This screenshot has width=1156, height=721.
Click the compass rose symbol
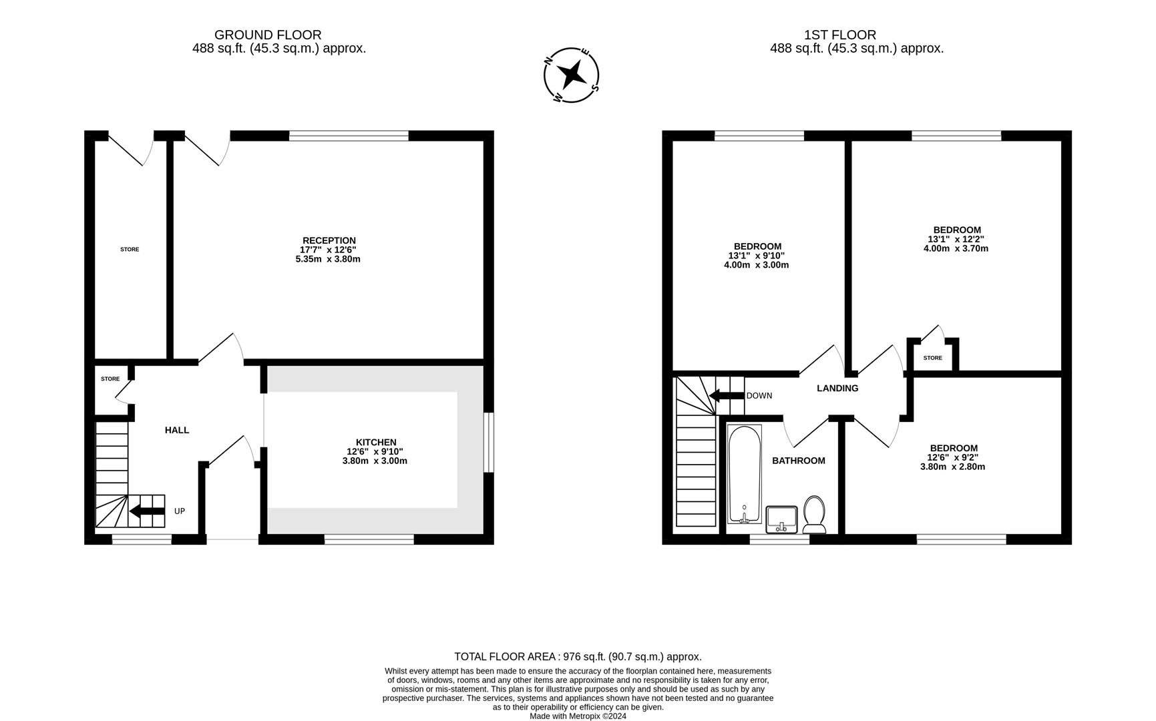(x=572, y=75)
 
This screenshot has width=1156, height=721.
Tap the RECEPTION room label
(x=329, y=240)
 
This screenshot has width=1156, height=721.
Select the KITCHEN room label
(x=376, y=442)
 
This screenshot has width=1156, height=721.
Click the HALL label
(x=177, y=430)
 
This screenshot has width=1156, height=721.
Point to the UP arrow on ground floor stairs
(x=147, y=511)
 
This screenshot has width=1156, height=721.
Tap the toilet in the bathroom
(x=814, y=513)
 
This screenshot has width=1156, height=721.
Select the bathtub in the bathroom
(x=744, y=474)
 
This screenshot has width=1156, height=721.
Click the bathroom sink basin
(x=781, y=518)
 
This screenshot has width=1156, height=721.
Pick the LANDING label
(x=837, y=388)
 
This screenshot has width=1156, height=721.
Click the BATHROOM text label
(x=798, y=461)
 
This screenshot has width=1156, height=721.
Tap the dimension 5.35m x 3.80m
(x=328, y=259)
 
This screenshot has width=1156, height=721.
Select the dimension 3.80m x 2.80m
(x=952, y=467)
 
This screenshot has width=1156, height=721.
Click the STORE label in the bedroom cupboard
(x=932, y=358)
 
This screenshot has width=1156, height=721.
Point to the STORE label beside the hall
(x=110, y=379)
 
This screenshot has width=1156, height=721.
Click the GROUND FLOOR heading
(x=268, y=35)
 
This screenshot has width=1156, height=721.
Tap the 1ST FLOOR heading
(x=840, y=35)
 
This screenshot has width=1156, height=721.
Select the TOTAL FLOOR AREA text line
(x=578, y=656)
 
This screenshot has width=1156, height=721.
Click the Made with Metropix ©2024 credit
(x=578, y=716)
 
